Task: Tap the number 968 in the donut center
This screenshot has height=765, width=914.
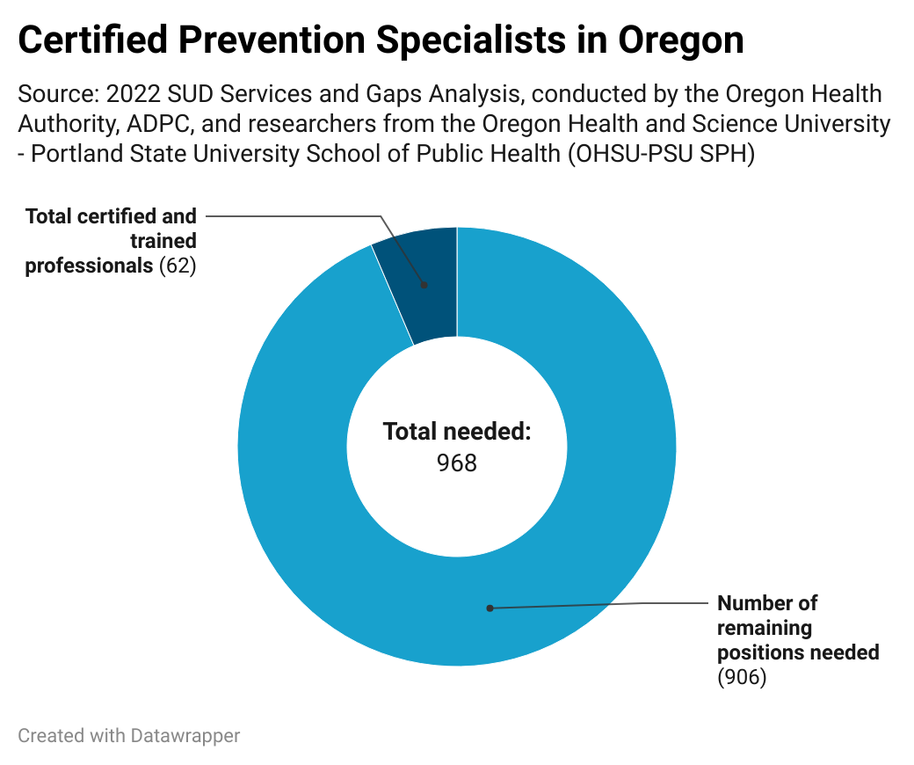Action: [x=457, y=463]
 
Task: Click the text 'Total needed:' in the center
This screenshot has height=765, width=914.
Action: [x=457, y=432]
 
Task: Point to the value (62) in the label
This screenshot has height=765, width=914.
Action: [x=177, y=265]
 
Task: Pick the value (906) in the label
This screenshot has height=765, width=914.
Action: [x=742, y=677]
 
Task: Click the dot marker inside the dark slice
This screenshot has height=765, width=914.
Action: [x=424, y=285]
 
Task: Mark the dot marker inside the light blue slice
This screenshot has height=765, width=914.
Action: [x=490, y=608]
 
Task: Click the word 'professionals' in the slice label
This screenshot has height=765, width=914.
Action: [x=89, y=265]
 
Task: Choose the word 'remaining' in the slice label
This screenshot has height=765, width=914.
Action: [x=765, y=628]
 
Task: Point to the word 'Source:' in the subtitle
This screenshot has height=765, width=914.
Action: [x=56, y=94]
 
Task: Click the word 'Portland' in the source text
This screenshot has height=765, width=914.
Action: [x=73, y=154]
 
